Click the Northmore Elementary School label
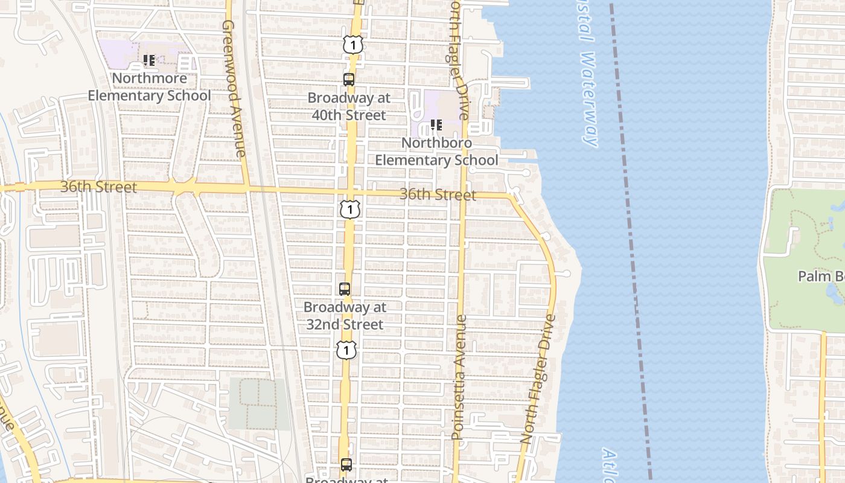pos(149,87)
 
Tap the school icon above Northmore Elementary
pos(149,60)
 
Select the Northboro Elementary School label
pos(437,152)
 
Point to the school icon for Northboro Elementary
pos(436,125)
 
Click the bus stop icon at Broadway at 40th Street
pos(349,79)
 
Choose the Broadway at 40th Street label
pos(349,106)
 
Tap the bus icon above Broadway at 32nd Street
pos(345,289)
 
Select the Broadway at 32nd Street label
pos(345,315)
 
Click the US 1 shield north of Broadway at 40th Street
pos(353,44)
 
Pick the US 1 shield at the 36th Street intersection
pos(349,209)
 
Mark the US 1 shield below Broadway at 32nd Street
pos(346,350)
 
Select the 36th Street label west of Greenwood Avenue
pos(98,187)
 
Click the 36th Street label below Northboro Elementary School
pos(438,194)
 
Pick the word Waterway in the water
pos(590,100)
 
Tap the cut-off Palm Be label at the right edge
pos(821,277)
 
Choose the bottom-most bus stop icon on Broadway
pos(346,465)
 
